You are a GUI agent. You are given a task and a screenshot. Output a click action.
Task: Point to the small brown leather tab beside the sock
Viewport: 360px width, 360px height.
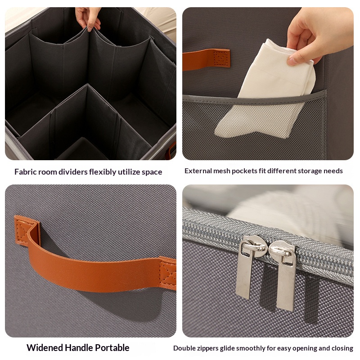[x=206, y=59]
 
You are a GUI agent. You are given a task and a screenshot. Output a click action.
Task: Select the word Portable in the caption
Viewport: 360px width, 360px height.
[x=112, y=347]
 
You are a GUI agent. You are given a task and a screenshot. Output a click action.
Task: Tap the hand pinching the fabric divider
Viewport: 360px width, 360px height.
[x=89, y=18]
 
